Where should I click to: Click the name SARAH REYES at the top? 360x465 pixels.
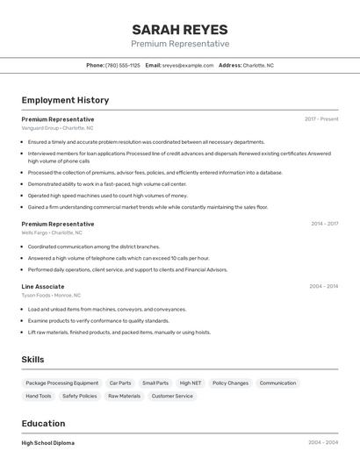180,29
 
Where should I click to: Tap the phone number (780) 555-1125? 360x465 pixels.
123,65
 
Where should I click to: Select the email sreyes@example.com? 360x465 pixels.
188,65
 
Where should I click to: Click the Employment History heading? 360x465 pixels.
65,100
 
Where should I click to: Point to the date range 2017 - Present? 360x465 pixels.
321,118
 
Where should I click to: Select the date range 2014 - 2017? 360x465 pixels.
324,224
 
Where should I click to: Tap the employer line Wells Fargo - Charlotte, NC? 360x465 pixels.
52,233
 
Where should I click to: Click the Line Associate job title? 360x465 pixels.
43,286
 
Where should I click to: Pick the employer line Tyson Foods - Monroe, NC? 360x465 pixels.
51,296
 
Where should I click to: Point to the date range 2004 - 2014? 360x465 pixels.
323,286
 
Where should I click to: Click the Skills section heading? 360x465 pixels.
33,360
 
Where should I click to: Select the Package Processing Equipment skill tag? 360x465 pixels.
62,383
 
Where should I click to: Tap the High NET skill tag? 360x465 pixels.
191,383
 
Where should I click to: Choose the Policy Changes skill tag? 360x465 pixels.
230,383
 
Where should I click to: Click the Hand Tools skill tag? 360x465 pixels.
39,396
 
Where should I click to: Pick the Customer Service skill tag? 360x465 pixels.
172,396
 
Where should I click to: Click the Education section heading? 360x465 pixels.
43,423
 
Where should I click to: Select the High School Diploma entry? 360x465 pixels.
48,443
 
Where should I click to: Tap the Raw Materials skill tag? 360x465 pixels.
124,396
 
